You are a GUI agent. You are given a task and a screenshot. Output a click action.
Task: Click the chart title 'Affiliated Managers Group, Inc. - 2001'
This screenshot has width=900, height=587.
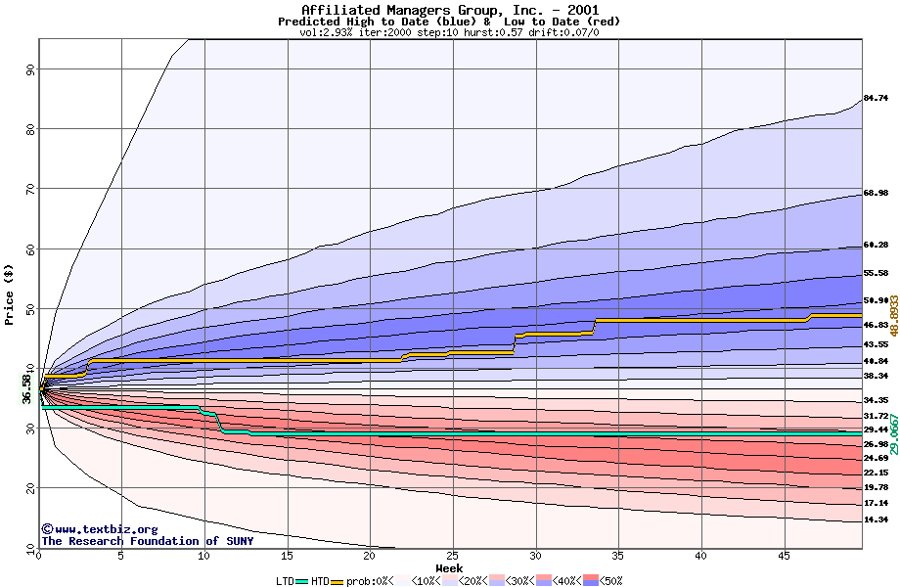click(449, 10)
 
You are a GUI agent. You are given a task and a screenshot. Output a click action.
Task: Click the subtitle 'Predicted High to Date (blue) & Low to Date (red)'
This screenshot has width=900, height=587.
click(449, 22)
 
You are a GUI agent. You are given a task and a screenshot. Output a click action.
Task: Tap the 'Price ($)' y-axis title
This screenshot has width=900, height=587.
click(10, 294)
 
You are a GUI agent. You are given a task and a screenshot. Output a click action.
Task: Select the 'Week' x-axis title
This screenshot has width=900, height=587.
click(449, 568)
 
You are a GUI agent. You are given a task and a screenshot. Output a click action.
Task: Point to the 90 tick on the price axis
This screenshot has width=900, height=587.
click(29, 69)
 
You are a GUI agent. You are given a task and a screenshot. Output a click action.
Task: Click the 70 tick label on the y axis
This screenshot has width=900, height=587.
click(29, 189)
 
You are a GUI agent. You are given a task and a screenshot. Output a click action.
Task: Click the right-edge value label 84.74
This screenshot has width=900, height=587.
click(875, 99)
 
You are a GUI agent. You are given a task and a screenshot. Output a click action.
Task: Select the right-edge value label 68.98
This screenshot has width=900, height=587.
click(875, 194)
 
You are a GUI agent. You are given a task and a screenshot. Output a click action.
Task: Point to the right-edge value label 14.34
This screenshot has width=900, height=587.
click(875, 519)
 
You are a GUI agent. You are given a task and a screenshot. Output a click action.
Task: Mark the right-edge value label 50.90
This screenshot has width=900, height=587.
click(875, 300)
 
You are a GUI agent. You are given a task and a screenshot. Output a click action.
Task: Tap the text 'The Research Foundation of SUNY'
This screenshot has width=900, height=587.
click(147, 541)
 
